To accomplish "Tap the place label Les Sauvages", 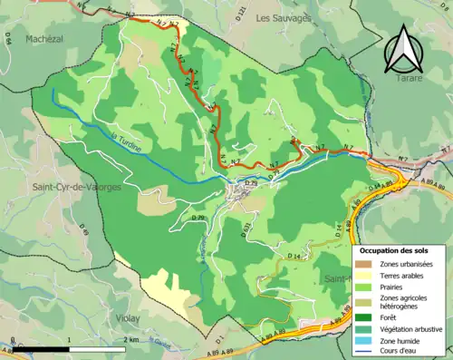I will click(283, 17).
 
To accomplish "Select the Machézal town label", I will click(46, 39).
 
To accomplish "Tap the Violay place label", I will click(128, 318).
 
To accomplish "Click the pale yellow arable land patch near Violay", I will click(168, 291).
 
